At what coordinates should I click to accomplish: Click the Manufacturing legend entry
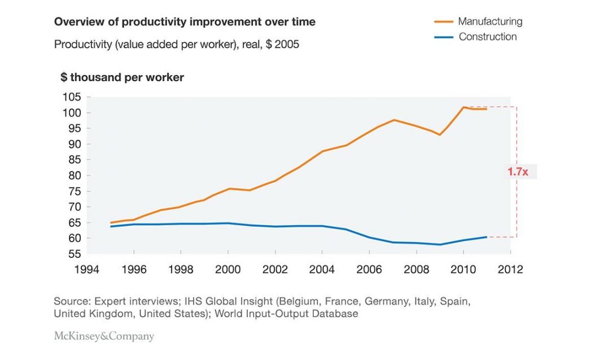click(490, 21)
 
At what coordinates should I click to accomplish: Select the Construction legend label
click(487, 37)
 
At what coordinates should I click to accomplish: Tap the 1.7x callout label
click(517, 172)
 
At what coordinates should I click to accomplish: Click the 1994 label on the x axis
click(86, 269)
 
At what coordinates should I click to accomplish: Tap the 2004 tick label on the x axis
click(322, 269)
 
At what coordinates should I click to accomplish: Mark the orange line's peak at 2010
click(462, 107)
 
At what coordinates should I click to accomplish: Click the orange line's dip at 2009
click(439, 134)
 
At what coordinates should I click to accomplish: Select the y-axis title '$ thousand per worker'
click(123, 78)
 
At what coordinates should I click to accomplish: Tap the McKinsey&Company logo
click(104, 336)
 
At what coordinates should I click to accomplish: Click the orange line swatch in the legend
click(444, 21)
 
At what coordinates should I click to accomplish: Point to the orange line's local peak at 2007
click(394, 120)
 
